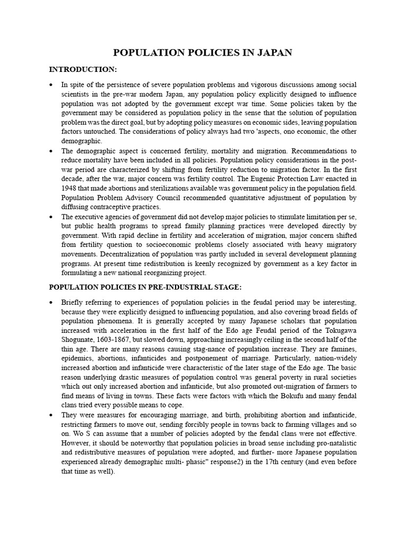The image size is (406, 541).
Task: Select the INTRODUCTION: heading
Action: pyautogui.click(x=83, y=70)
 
